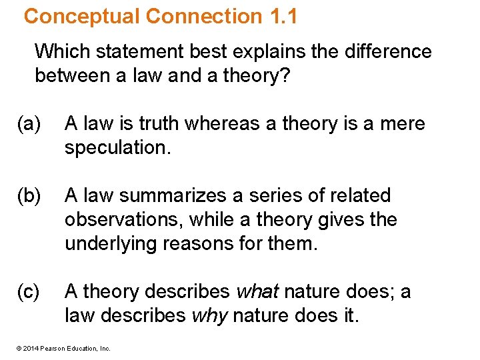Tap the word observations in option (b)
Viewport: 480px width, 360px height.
coord(118,220)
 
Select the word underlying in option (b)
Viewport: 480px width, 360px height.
coord(108,244)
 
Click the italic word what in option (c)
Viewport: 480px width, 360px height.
coord(258,292)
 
